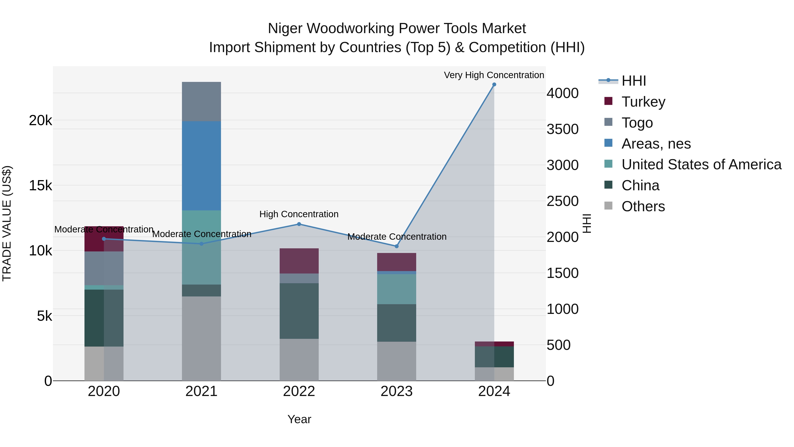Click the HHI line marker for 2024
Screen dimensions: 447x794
coord(494,85)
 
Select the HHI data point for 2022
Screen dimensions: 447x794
coord(299,224)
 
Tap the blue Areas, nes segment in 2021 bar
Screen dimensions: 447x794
coord(201,166)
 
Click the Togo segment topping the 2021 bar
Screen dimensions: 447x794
coord(201,102)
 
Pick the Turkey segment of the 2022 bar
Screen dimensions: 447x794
coord(299,261)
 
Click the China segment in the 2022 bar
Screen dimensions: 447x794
coord(299,311)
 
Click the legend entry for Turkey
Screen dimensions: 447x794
coord(643,102)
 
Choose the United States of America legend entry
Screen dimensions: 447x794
coord(701,164)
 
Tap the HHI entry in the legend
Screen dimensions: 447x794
coord(633,81)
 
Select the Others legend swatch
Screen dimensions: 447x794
coord(609,206)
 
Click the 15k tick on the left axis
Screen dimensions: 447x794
coord(40,186)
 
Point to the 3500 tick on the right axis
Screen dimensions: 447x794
coord(562,129)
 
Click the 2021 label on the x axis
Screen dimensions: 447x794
coord(201,391)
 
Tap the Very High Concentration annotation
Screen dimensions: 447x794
coord(494,75)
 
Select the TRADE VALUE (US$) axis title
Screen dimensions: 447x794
coord(7,223)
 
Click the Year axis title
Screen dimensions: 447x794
coord(299,419)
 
